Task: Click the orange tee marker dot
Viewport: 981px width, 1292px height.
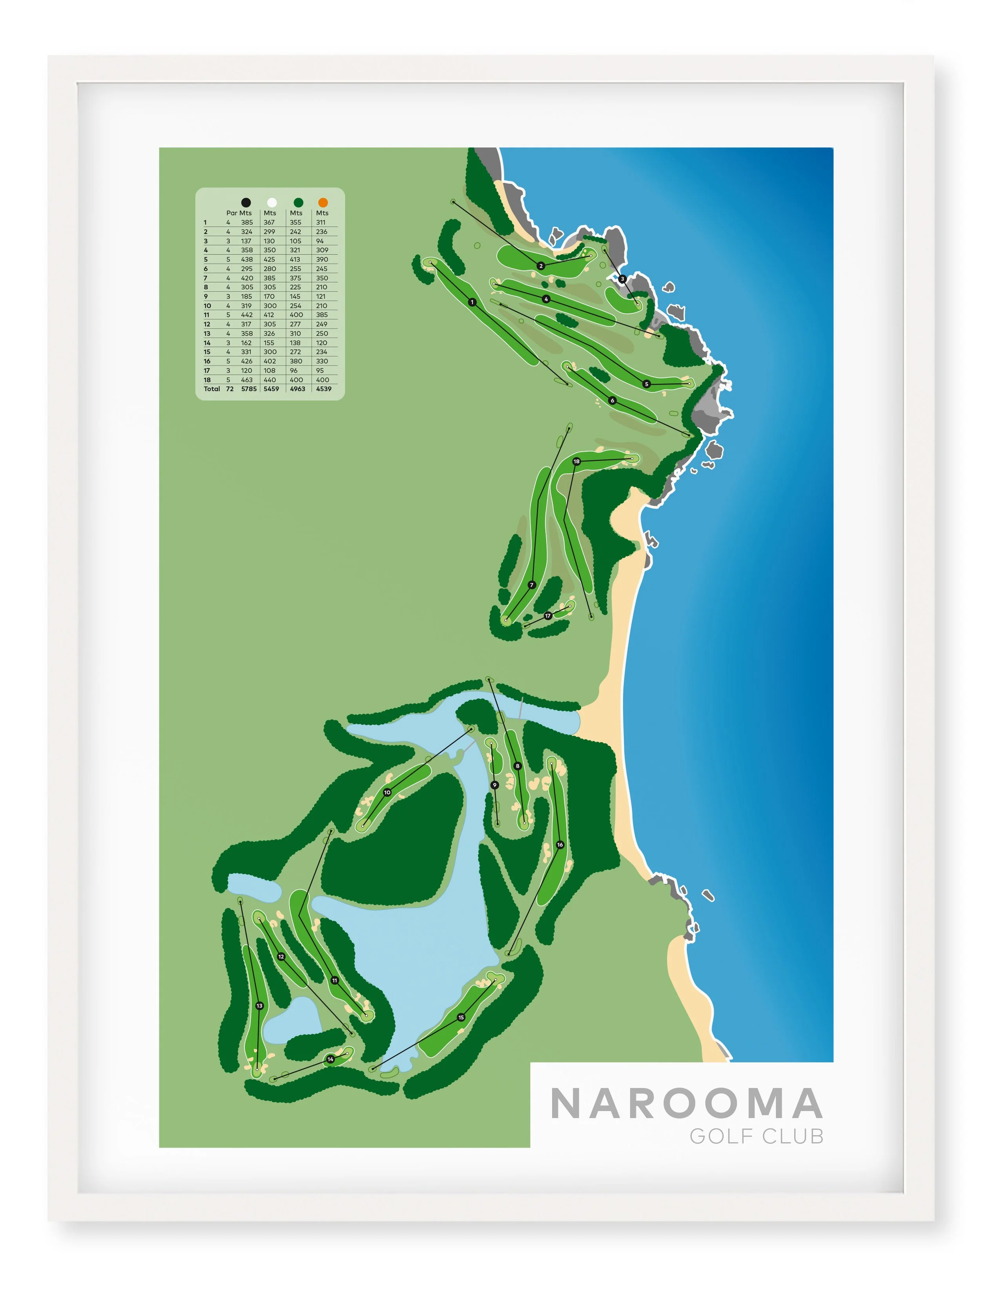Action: (323, 203)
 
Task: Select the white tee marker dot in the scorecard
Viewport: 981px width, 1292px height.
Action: (272, 203)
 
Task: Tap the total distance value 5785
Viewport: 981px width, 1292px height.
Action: (249, 389)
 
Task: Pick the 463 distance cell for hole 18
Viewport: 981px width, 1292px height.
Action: (246, 380)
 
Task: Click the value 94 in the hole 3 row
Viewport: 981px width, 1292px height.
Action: (320, 241)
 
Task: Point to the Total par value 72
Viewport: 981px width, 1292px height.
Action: (230, 389)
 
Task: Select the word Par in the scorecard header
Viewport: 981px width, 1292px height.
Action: (232, 213)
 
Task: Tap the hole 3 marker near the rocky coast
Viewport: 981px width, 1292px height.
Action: (622, 279)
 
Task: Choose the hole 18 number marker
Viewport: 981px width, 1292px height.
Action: (576, 462)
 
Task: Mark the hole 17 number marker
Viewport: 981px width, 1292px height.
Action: (548, 616)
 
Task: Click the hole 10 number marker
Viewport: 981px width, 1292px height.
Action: (387, 793)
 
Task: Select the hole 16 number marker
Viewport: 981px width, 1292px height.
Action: (560, 845)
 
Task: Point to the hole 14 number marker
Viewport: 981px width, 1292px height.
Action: (330, 1059)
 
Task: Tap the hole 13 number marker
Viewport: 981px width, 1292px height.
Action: (259, 1006)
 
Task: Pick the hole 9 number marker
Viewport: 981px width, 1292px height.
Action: (494, 785)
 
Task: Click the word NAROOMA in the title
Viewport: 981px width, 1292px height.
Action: (686, 1104)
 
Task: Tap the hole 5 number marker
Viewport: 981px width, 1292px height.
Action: (646, 384)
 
